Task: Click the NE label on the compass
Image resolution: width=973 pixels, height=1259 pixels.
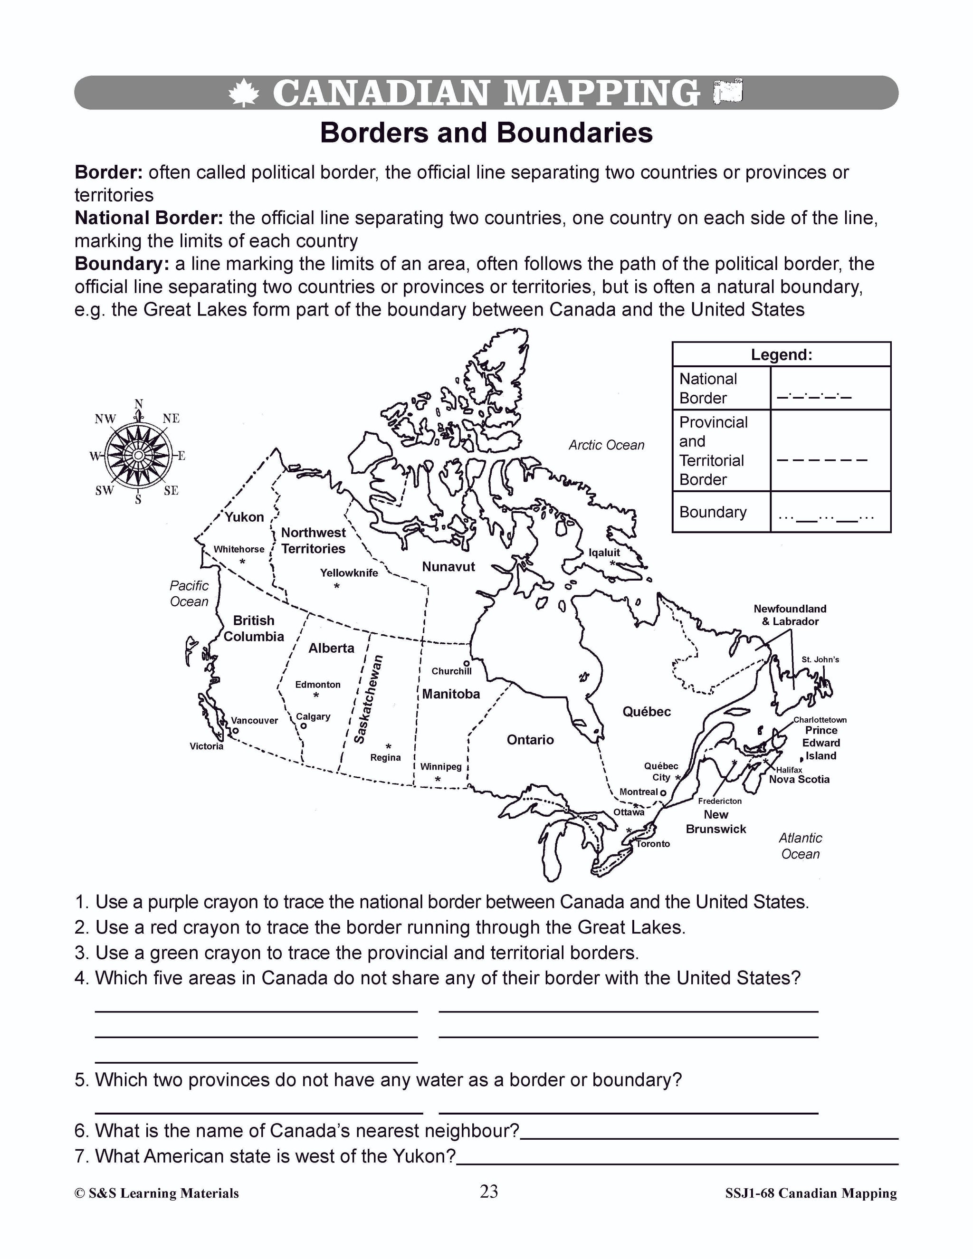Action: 171,419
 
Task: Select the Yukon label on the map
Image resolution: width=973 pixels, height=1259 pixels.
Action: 244,517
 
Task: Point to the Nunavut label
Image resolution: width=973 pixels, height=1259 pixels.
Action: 448,567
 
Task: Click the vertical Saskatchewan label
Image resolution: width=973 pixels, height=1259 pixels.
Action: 369,699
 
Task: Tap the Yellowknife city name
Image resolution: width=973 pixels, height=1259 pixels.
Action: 349,572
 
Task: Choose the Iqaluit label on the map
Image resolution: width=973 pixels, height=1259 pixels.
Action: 604,552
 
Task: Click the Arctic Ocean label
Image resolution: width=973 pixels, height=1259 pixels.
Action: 606,445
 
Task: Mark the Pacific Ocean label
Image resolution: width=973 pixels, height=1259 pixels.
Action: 189,594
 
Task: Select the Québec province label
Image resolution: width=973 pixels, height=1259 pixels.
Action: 647,712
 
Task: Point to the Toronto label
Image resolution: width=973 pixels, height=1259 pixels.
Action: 653,844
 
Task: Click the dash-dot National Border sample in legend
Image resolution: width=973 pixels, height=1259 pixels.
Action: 814,398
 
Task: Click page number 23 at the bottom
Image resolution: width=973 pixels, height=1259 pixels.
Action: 489,1192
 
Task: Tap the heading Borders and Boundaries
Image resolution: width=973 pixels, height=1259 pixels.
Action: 486,133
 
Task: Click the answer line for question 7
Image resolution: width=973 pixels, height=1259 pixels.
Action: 677,1164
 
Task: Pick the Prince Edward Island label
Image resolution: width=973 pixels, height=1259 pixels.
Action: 822,743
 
